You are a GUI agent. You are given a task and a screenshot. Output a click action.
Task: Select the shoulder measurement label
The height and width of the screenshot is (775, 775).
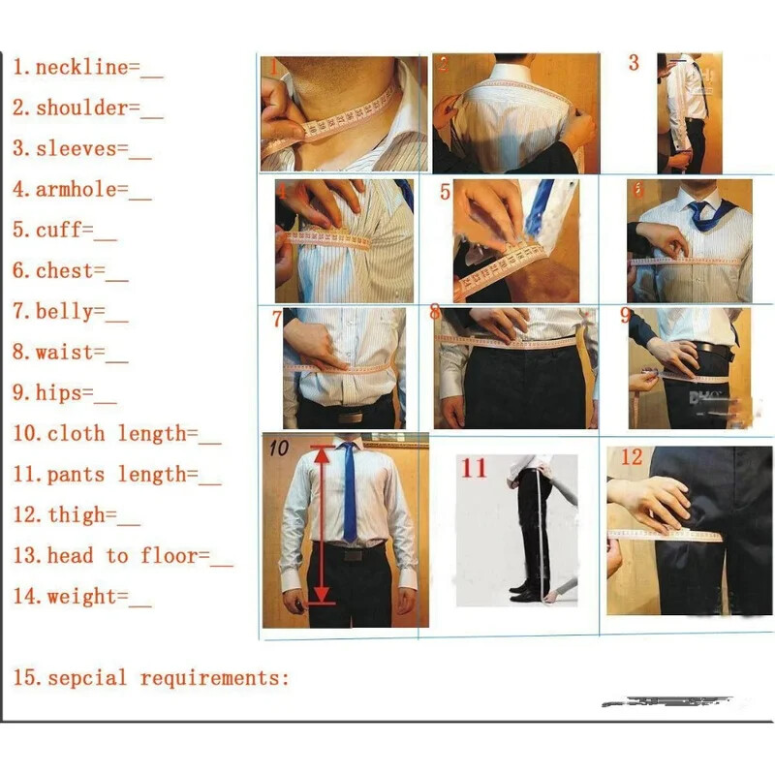81,108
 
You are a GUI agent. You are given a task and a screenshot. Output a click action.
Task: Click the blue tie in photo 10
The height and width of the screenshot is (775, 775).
349,494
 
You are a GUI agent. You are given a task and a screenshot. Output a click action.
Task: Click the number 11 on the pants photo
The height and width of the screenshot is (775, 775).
474,469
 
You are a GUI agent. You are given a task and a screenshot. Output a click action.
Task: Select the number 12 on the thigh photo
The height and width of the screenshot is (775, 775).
631,457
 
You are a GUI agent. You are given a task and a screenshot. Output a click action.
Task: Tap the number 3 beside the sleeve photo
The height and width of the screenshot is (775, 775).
634,64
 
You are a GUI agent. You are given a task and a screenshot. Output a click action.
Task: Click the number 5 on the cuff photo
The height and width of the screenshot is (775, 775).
445,192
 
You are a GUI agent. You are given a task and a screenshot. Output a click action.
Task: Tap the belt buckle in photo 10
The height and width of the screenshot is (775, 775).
350,555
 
